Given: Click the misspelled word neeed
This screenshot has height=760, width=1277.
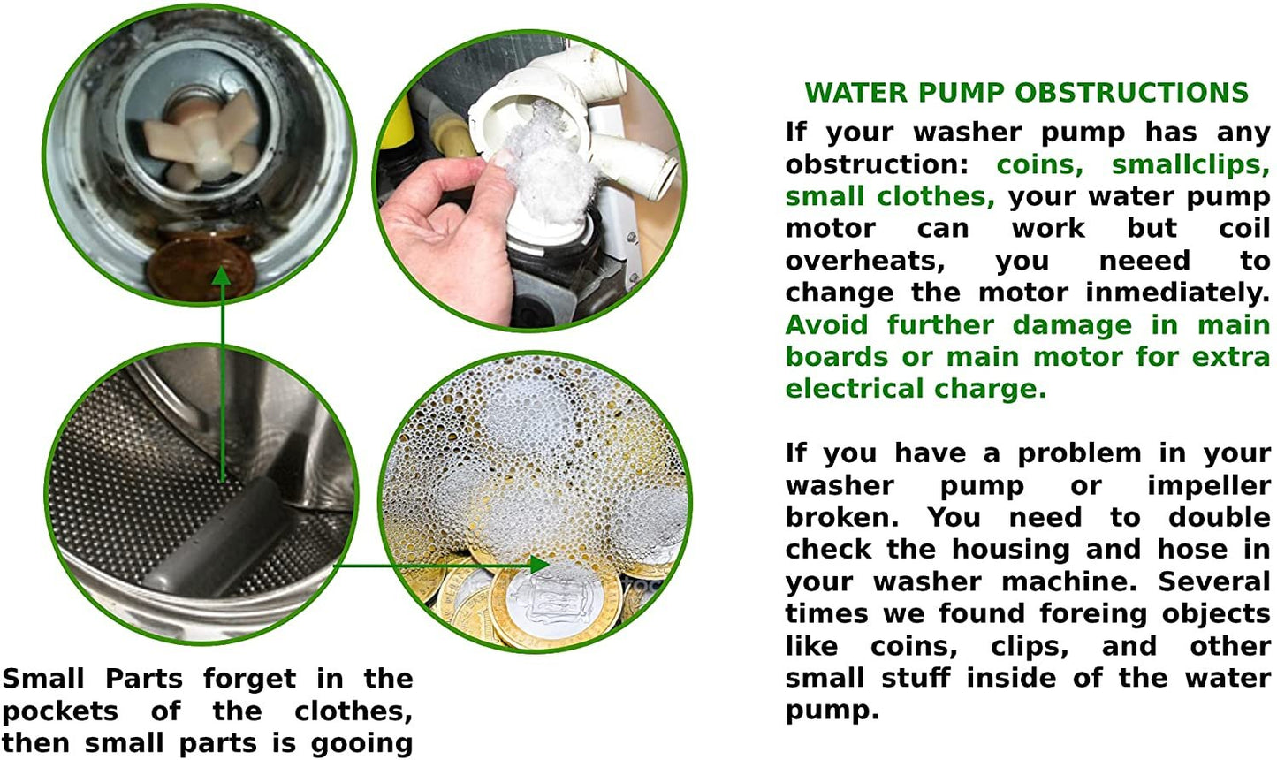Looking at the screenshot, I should click(x=1144, y=261).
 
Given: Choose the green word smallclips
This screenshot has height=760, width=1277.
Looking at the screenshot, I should click(x=1190, y=164).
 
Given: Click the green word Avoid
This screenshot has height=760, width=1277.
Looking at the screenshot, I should click(x=827, y=325).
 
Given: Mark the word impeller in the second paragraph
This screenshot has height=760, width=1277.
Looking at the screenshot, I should click(x=1208, y=486).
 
